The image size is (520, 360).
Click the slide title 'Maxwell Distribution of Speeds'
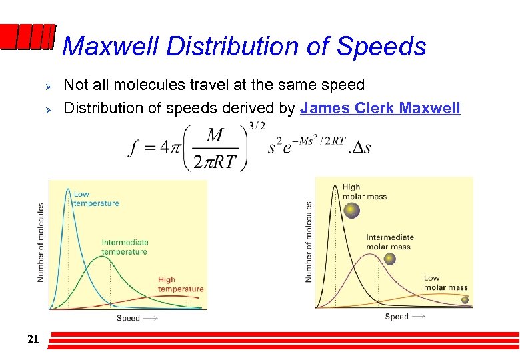(244, 46)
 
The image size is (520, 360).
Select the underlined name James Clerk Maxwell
(380, 107)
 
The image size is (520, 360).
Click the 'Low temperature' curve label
(96, 199)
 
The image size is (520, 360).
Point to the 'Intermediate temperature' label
(125, 247)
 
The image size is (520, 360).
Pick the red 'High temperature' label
(180, 284)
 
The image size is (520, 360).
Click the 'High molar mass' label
(364, 192)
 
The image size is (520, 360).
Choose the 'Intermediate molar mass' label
(390, 241)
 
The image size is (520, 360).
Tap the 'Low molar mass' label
(445, 283)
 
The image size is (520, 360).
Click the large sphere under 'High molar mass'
(351, 211)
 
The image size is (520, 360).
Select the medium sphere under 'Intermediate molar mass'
(375, 261)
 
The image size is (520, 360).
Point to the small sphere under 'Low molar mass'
(465, 300)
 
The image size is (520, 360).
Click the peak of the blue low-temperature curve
(68, 189)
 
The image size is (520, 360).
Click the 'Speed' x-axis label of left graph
(129, 318)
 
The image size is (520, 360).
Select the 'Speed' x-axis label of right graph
(397, 317)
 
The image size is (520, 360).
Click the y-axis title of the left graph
(41, 242)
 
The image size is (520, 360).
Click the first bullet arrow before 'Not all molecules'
(47, 85)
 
